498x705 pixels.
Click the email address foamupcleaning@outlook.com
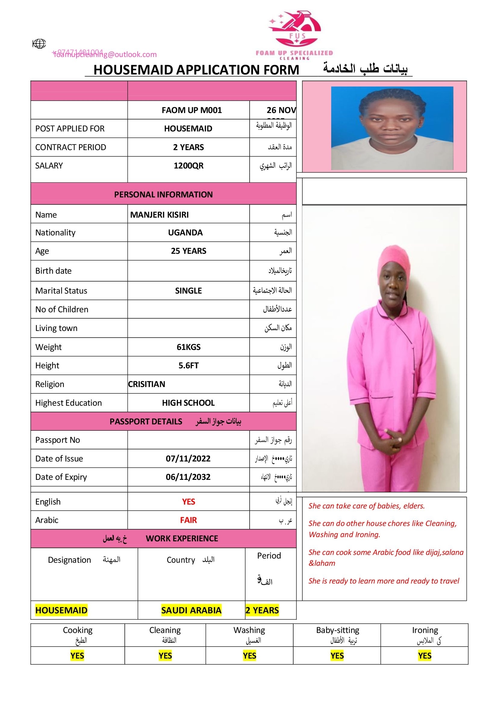tap(105, 55)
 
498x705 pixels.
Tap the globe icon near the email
tap(39, 44)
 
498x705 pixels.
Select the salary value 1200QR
tap(188, 166)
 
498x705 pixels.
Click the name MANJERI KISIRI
tap(159, 215)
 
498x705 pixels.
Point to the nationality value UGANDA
tap(185, 232)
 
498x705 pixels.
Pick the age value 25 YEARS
tap(188, 251)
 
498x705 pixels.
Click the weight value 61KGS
tap(188, 347)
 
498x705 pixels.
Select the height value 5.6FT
tap(188, 365)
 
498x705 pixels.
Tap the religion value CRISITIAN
tap(147, 384)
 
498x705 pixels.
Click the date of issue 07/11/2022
tap(188, 458)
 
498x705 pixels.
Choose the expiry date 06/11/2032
tap(188, 477)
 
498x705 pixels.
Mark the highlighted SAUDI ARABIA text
tap(191, 610)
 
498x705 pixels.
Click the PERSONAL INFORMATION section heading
tap(163, 194)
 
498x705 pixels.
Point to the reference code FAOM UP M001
tap(192, 110)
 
